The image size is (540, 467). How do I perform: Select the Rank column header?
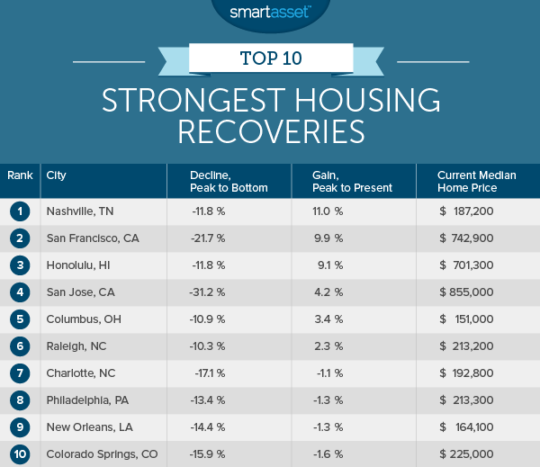pyautogui.click(x=19, y=175)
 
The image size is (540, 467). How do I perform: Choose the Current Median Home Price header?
pyautogui.click(x=476, y=181)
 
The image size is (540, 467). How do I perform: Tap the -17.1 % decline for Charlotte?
pyautogui.click(x=209, y=374)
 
